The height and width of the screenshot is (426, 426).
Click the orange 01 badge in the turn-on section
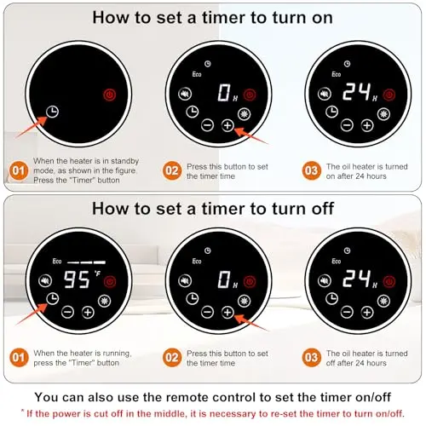pos(19,170)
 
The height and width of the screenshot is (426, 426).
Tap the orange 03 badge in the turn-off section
pos(312,358)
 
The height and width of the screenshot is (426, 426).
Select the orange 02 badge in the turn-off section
pos(172,358)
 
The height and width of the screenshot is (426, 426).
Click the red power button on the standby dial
pos(110,95)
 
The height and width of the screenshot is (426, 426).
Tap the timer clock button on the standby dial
pos(53,112)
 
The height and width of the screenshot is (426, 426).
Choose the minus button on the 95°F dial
pos(68,312)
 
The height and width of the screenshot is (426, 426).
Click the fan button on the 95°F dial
pos(105,301)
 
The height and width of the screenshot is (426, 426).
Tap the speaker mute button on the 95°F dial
pos(45,281)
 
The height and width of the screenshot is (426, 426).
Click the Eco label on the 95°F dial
pos(57,262)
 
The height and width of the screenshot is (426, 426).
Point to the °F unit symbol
pos(97,273)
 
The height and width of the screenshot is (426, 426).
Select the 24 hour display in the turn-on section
pos(357,92)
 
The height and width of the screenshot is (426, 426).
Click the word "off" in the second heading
pos(323,209)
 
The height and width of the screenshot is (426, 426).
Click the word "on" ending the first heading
pos(321,19)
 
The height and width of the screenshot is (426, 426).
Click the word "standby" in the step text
pos(124,161)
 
